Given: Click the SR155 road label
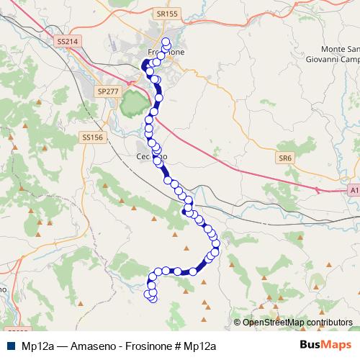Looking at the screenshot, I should coord(166,14).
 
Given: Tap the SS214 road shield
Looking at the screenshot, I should coord(66,42).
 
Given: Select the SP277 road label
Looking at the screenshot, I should coord(106,91).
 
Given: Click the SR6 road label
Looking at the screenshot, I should coord(286,158).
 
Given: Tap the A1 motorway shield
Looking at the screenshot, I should coord(352,190).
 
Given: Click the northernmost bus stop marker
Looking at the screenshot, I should coord(166,41).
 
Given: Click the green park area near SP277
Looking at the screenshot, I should coord(132,106).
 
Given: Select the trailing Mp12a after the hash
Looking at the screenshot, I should coord(200,346).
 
